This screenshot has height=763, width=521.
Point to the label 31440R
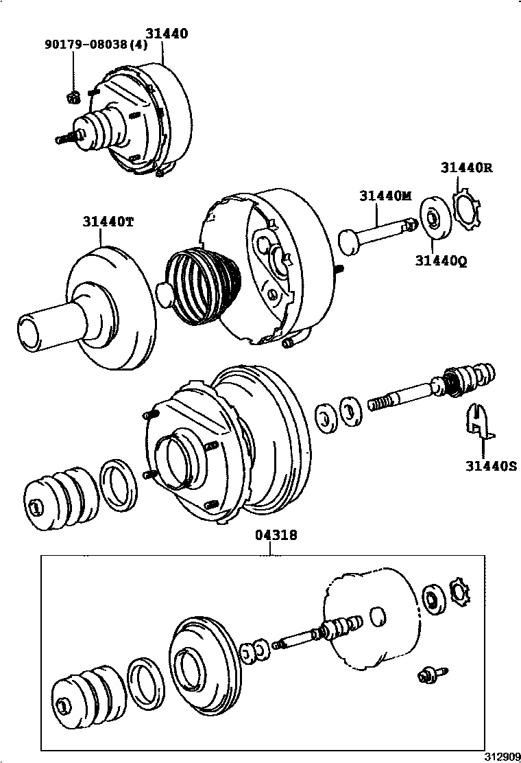pyautogui.click(x=466, y=167)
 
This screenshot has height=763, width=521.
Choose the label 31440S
pyautogui.click(x=490, y=467)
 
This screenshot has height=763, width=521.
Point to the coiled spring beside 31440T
pyautogui.click(x=204, y=287)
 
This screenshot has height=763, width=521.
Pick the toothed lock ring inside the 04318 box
pyautogui.click(x=458, y=591)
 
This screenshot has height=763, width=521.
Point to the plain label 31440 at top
pyautogui.click(x=166, y=33)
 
